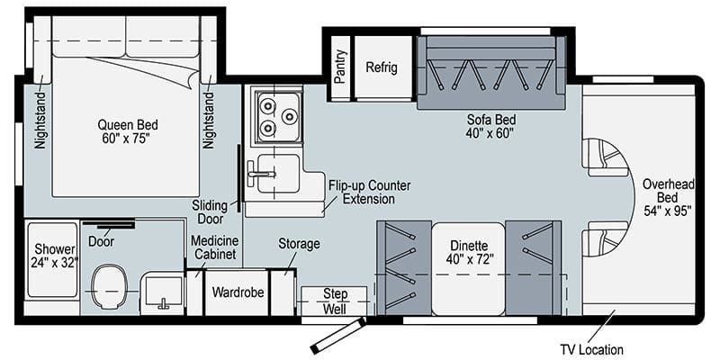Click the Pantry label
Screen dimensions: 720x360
point(340,66)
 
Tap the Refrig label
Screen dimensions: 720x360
point(382,67)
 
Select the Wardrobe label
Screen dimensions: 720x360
point(238,292)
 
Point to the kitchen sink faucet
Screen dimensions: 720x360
point(261,174)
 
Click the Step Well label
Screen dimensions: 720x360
point(334,301)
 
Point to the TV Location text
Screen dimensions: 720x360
point(592,349)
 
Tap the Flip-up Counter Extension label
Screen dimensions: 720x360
point(369,192)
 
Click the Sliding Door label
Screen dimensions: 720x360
point(210,212)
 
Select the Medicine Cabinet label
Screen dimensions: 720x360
point(215,247)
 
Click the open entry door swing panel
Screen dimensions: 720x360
point(338,336)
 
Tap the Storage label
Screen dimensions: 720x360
point(299,244)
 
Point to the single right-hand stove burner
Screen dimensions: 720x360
point(289,117)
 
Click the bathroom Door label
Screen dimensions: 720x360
point(101,241)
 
